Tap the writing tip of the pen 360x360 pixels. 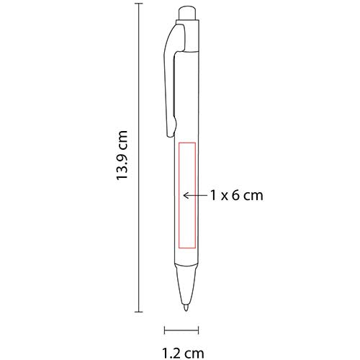186,308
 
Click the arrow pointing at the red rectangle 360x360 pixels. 194,194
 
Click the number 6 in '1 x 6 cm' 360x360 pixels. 236,194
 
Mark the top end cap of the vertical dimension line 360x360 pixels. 138,5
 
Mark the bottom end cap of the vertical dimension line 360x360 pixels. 138,312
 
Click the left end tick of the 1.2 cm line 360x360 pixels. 165,331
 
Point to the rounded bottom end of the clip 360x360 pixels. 170,132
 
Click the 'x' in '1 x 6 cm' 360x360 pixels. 224,195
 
